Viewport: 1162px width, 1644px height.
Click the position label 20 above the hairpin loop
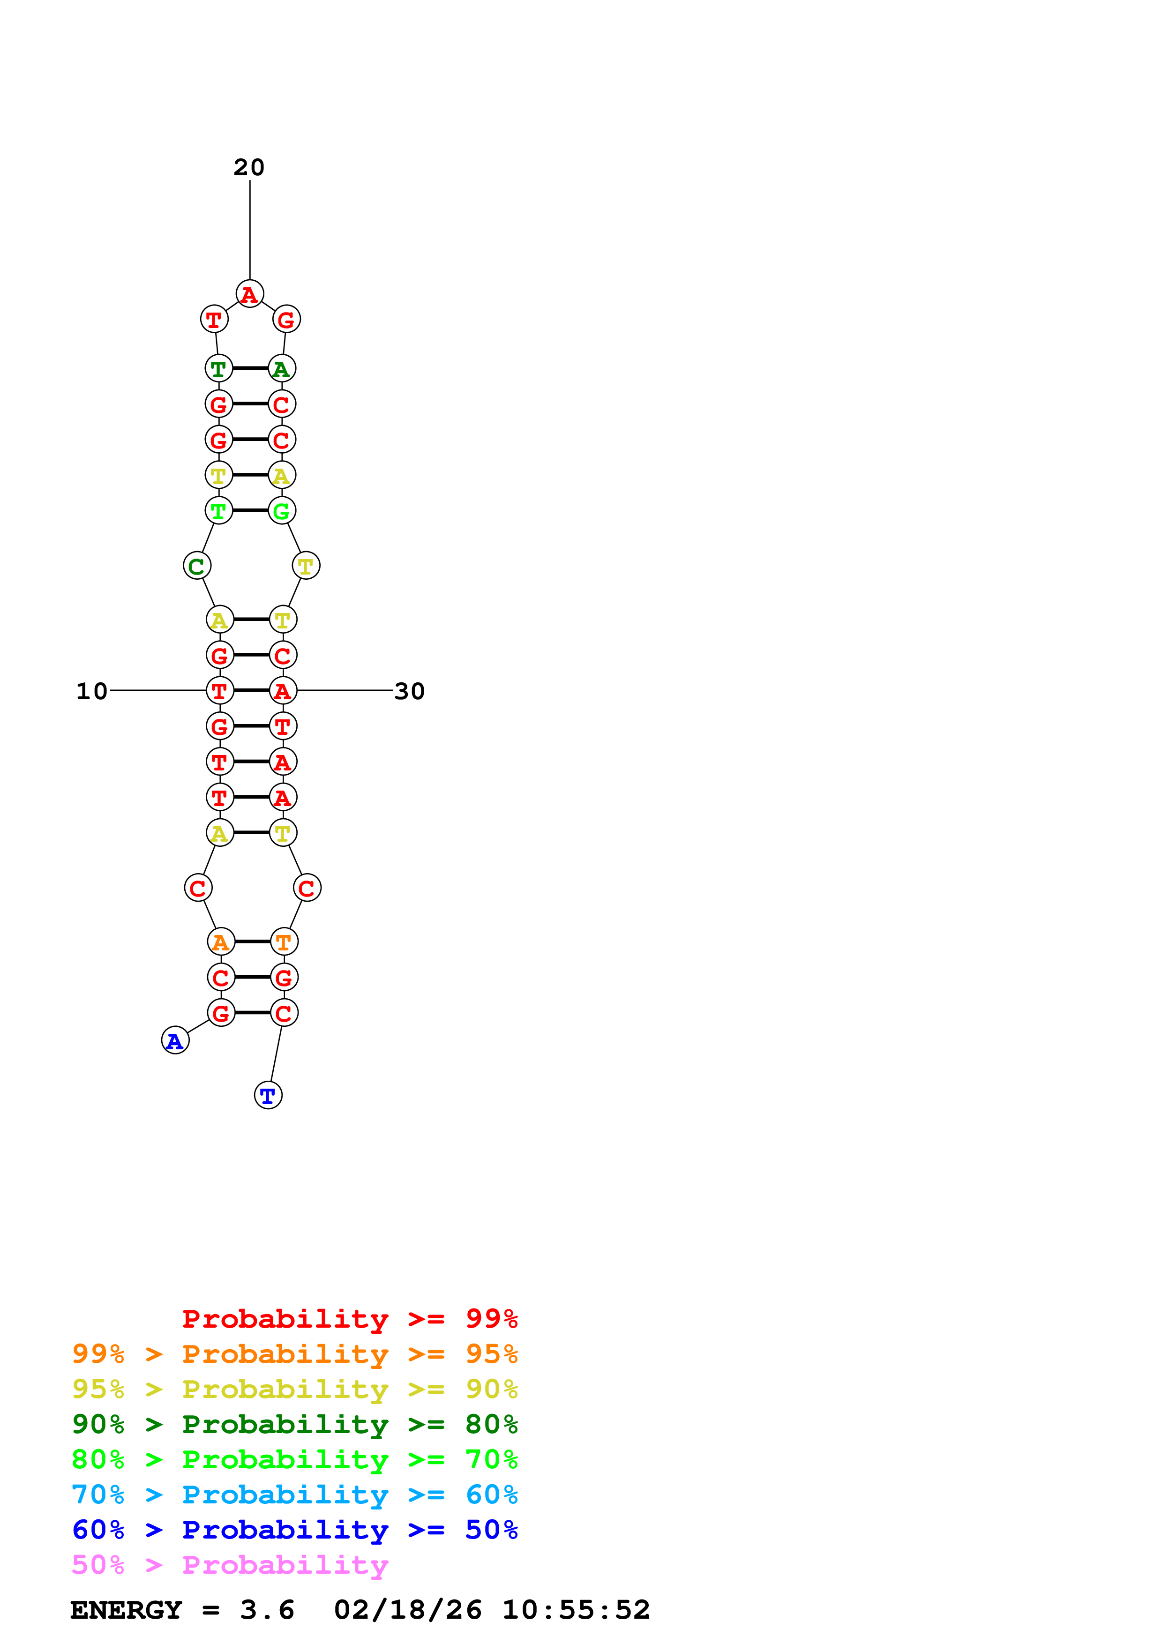249,168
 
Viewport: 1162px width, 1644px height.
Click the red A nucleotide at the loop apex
250,293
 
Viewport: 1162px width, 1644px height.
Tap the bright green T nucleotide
219,511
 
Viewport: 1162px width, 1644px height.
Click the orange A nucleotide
220,942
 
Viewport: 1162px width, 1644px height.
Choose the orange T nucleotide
284,942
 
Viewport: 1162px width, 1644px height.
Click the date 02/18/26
407,1610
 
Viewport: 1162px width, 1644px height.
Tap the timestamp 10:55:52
576,1610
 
